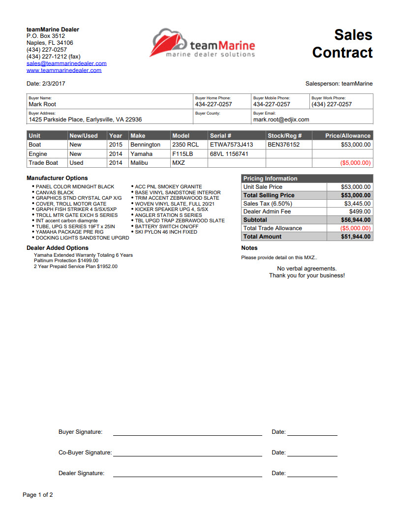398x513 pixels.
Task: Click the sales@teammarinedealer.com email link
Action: click(66, 63)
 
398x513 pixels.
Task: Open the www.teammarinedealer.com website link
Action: click(64, 70)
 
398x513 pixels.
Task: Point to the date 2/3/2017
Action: click(54, 84)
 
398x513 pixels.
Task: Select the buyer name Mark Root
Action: click(42, 104)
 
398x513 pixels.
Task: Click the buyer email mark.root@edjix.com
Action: click(281, 120)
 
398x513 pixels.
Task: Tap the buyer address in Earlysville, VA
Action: click(85, 120)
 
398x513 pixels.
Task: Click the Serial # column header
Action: click(220, 136)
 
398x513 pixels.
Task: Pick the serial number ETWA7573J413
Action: click(231, 145)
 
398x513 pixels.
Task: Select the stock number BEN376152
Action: click(283, 145)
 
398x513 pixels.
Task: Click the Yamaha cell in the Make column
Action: click(141, 154)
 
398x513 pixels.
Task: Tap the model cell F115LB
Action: click(183, 154)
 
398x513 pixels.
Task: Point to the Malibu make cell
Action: click(140, 163)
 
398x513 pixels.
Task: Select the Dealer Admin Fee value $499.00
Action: click(360, 211)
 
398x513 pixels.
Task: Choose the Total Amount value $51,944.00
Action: click(356, 237)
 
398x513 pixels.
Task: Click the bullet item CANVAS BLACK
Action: click(55, 193)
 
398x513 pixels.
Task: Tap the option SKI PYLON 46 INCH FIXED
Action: click(166, 232)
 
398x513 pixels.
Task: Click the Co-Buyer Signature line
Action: click(187, 453)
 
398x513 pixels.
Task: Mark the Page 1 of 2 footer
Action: click(38, 495)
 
